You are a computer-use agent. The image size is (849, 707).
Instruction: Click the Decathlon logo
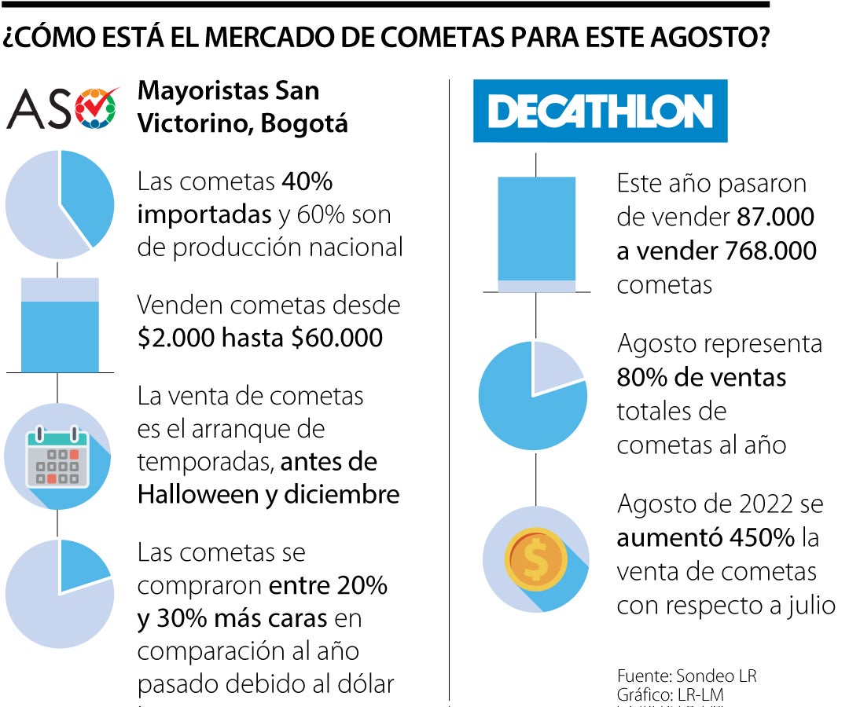tap(600, 111)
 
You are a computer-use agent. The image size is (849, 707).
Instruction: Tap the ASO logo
tap(63, 108)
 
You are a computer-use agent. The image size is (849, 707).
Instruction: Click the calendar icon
tap(54, 456)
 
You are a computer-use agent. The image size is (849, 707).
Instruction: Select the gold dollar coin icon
tap(535, 559)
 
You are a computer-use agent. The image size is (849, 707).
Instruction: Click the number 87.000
tap(775, 217)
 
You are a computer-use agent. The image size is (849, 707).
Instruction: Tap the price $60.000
tap(336, 338)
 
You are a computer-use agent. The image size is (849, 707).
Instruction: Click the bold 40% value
tap(307, 182)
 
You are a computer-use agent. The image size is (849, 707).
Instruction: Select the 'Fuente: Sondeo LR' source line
tap(686, 676)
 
